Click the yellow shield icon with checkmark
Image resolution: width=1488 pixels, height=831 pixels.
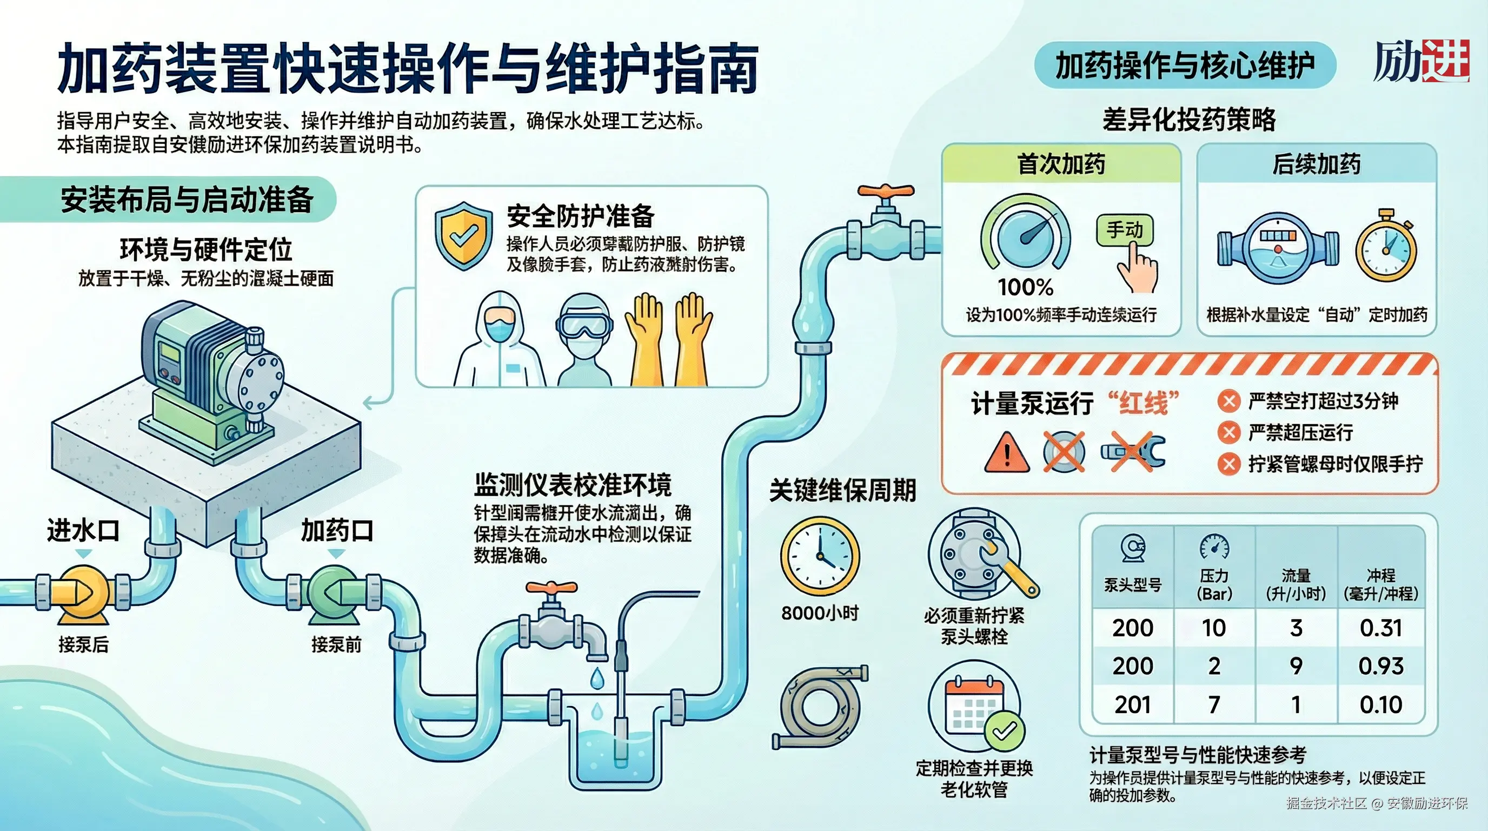click(464, 236)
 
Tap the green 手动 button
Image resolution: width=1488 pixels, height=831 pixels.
click(1124, 230)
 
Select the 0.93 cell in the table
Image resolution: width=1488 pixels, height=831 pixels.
click(1380, 667)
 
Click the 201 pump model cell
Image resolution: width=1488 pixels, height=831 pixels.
click(1132, 704)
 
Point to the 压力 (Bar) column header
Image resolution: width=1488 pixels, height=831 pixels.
click(1214, 584)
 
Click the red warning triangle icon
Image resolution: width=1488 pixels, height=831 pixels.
click(1006, 453)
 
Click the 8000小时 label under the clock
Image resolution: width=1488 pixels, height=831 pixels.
click(820, 613)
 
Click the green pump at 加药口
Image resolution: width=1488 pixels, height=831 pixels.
click(335, 593)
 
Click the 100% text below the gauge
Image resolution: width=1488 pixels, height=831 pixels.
click(1025, 287)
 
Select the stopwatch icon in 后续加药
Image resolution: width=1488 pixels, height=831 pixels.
click(1386, 247)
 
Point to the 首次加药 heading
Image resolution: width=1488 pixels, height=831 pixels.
click(1061, 164)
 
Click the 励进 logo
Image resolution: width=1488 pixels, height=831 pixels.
click(1421, 62)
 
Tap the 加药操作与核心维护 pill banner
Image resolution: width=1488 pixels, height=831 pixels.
click(1184, 65)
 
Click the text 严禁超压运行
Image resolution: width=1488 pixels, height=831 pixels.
click(1300, 432)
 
